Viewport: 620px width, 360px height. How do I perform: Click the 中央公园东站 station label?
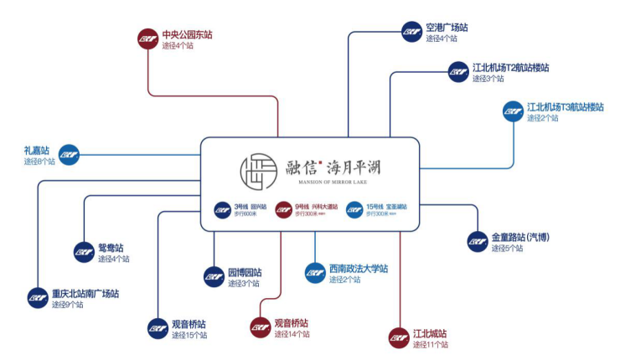(187, 34)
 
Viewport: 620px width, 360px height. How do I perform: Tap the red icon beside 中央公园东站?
(147, 39)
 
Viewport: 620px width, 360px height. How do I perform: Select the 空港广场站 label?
(447, 28)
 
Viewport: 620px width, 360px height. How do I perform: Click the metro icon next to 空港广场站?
(411, 32)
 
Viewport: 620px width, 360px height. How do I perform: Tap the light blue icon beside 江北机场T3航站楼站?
(513, 112)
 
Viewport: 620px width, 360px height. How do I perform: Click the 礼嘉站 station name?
(37, 150)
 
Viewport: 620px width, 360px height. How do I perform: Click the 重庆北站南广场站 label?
(85, 294)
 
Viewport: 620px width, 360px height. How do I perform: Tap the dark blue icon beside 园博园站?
(214, 277)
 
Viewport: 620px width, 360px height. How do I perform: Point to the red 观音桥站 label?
(291, 322)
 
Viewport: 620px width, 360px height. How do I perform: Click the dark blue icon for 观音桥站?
(158, 328)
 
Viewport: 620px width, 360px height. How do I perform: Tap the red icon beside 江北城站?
(400, 337)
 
